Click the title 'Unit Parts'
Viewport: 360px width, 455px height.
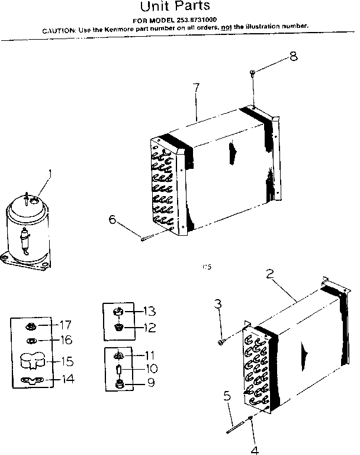coord(175,7)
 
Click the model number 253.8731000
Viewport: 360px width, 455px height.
coord(193,20)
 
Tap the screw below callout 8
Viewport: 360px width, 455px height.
coord(253,73)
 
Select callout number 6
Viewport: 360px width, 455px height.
coord(112,220)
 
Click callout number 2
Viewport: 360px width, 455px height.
coord(269,274)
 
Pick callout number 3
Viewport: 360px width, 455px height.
coord(218,304)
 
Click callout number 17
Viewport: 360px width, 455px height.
coord(65,325)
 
